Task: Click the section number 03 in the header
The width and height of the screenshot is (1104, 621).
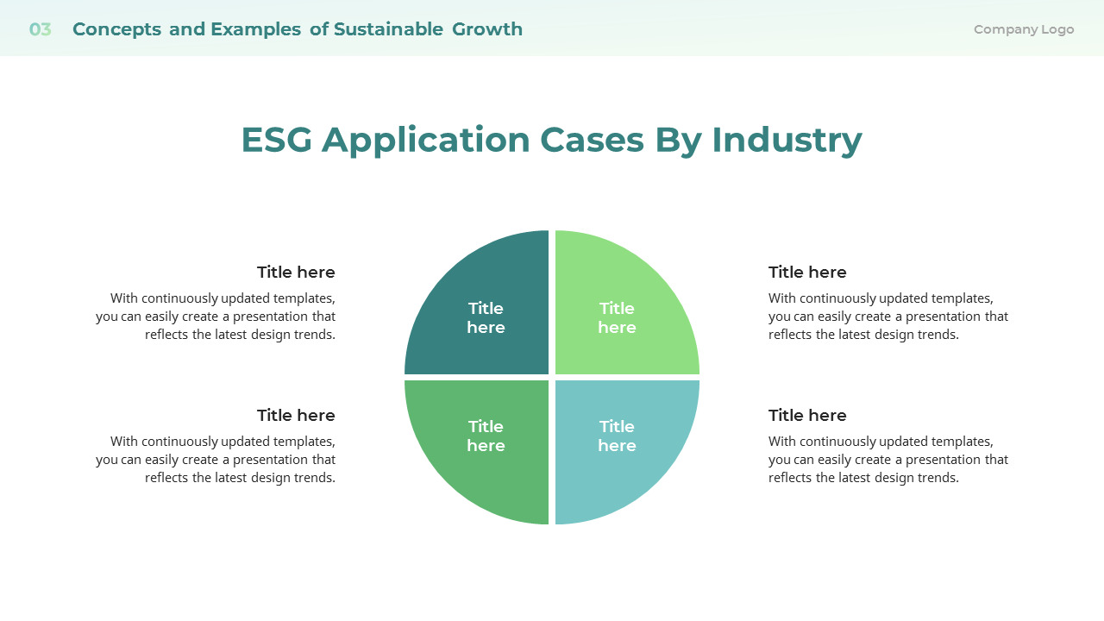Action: click(x=40, y=29)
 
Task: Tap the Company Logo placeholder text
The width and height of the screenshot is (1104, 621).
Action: click(x=1023, y=29)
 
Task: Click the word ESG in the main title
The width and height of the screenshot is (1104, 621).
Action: click(x=276, y=140)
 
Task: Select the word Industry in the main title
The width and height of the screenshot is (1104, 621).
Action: click(x=786, y=140)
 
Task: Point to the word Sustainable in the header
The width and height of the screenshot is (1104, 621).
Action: click(x=388, y=29)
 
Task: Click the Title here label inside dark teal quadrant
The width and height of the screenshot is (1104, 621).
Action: click(x=486, y=317)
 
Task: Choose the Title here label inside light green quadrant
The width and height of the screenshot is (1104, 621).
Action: click(x=617, y=317)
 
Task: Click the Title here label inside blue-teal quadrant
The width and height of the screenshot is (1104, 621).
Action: click(x=617, y=436)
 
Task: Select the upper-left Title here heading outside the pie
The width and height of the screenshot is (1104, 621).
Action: click(x=296, y=273)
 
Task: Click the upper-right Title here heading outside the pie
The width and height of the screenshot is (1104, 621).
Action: click(x=807, y=273)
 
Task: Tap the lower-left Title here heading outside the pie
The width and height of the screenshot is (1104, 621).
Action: click(x=296, y=416)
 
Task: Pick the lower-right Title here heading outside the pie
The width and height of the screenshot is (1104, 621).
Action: click(x=807, y=416)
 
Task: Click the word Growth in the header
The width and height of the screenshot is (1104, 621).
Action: click(x=487, y=29)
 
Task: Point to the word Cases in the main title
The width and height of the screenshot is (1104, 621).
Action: click(x=592, y=140)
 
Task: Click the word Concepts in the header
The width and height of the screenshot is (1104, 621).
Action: click(x=116, y=29)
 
